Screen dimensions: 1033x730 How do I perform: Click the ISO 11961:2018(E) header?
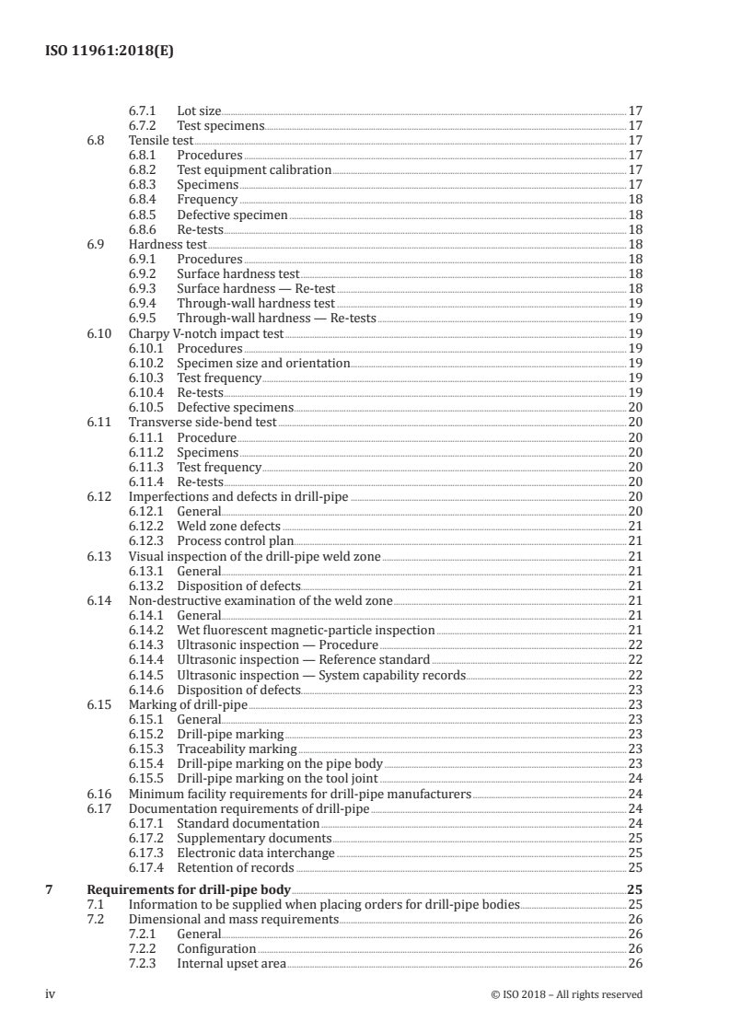click(109, 52)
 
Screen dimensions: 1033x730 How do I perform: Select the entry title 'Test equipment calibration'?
click(253, 170)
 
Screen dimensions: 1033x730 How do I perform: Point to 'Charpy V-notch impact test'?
click(206, 333)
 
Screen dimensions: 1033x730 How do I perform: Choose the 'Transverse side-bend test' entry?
click(203, 422)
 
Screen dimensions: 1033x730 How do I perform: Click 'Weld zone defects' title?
click(228, 526)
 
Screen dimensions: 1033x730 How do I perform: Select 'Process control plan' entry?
click(235, 540)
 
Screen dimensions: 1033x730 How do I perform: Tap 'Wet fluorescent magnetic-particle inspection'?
click(306, 630)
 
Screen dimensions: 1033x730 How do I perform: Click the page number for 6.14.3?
click(634, 644)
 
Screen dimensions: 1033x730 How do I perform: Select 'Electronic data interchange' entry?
click(255, 853)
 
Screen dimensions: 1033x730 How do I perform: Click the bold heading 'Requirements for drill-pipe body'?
click(188, 889)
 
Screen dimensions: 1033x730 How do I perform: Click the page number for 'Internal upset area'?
click(634, 964)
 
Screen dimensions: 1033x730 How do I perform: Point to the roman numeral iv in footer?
click(51, 994)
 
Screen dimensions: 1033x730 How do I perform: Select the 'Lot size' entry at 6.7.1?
click(199, 111)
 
